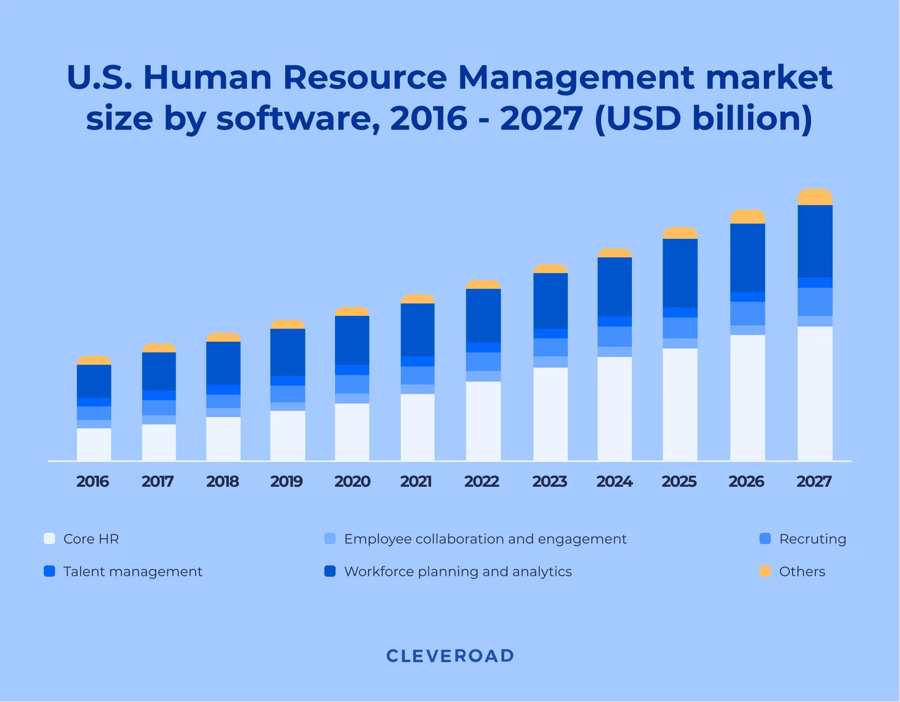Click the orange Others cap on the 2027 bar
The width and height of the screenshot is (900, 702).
815,197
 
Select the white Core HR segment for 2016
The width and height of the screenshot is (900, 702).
94,444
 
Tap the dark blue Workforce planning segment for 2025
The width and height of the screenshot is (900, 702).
680,273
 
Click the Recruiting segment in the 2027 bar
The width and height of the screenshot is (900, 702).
815,302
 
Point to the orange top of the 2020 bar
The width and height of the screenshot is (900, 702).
352,311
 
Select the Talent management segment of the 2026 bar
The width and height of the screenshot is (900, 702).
747,297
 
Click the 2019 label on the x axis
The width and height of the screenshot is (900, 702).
287,482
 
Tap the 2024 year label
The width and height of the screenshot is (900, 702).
614,482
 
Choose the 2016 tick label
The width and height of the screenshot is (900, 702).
93,482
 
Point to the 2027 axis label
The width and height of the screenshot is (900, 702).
814,482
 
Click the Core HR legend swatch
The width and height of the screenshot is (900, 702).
49,538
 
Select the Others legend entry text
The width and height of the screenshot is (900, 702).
802,572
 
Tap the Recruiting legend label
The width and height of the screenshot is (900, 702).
812,539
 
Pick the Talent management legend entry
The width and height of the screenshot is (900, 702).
133,572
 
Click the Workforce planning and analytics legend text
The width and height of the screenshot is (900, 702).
458,572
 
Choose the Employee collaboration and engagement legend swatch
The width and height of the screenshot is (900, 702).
330,538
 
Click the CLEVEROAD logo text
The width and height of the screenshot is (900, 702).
450,656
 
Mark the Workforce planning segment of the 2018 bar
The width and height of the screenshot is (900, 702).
223,363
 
